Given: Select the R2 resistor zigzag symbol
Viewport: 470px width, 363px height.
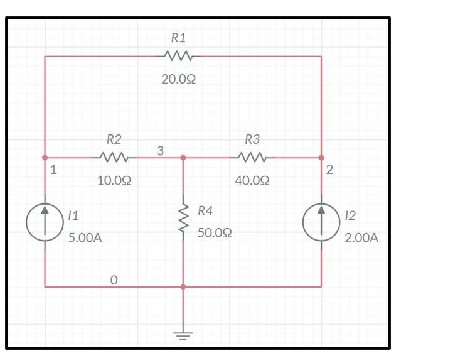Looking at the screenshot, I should pyautogui.click(x=114, y=157).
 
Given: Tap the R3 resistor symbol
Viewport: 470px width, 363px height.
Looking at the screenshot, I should pyautogui.click(x=252, y=157).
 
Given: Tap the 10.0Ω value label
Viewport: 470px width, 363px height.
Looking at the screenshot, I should pyautogui.click(x=114, y=181).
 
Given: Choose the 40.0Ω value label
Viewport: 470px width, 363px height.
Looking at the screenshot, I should pyautogui.click(x=252, y=181).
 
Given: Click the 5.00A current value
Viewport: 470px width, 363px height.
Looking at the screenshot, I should pyautogui.click(x=85, y=239).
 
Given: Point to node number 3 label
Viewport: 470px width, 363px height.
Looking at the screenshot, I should pyautogui.click(x=160, y=151).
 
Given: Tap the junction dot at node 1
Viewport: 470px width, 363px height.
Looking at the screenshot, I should pyautogui.click(x=45, y=157).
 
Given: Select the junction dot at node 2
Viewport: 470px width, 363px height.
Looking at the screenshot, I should pyautogui.click(x=321, y=157).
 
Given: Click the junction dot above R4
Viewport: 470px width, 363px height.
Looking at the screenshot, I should pyautogui.click(x=183, y=157).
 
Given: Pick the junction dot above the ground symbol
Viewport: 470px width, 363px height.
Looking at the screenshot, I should pyautogui.click(x=183, y=286).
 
